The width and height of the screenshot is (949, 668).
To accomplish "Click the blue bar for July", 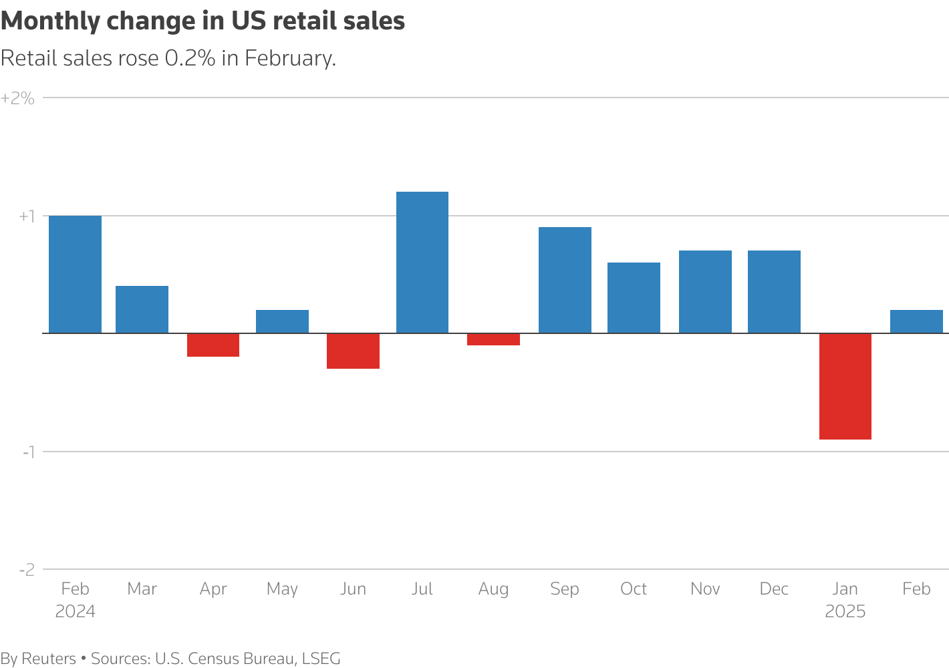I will click(x=422, y=263).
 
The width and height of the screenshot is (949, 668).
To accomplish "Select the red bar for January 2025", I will click(x=845, y=386).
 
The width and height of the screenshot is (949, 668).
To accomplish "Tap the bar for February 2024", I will click(x=76, y=275).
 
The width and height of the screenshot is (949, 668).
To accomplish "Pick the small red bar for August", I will click(x=493, y=339).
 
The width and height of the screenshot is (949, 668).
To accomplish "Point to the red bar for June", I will click(x=353, y=351).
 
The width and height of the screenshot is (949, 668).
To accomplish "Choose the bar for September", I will click(x=565, y=280).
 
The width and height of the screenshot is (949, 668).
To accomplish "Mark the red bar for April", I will click(x=213, y=345).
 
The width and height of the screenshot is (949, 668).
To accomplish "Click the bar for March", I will click(x=142, y=309).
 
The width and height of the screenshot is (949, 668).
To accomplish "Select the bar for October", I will click(x=634, y=298).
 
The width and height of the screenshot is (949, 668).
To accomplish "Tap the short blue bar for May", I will click(x=282, y=321).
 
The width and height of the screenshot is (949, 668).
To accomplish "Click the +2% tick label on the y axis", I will click(x=17, y=98).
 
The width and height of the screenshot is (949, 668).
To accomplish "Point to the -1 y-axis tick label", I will click(x=28, y=452).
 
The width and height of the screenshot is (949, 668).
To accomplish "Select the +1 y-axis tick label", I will click(x=26, y=216).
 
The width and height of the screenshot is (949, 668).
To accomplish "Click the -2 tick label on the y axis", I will click(x=27, y=570).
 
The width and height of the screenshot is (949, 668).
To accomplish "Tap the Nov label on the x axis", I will click(x=705, y=589).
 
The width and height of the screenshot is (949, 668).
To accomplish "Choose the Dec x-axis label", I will click(x=774, y=589).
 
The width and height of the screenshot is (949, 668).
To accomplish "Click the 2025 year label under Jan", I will click(x=845, y=611).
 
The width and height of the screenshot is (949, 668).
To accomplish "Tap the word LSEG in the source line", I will click(x=321, y=659).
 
